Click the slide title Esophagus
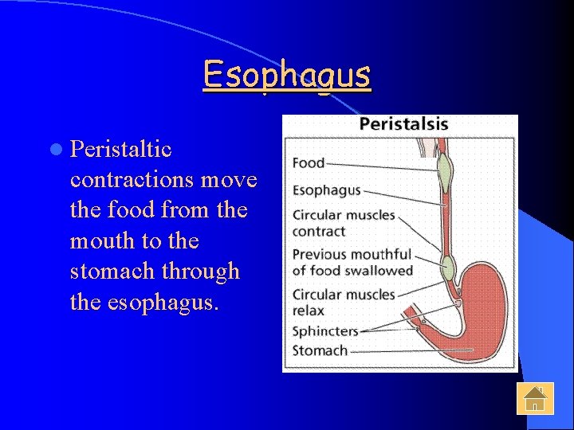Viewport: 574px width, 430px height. tap(287, 75)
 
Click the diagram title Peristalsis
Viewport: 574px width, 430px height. tap(403, 124)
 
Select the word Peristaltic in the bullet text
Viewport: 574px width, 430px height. tap(121, 149)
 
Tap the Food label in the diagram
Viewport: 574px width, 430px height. tap(309, 163)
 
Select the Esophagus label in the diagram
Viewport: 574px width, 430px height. tap(326, 191)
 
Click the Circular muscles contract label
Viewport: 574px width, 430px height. tap(343, 223)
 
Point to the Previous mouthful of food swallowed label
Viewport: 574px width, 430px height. tap(352, 262)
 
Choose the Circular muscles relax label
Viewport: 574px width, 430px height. tap(343, 302)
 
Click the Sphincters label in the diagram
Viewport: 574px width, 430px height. tap(325, 330)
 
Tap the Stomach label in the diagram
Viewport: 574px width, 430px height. tap(320, 350)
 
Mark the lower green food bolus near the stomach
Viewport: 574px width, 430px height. tap(448, 268)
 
